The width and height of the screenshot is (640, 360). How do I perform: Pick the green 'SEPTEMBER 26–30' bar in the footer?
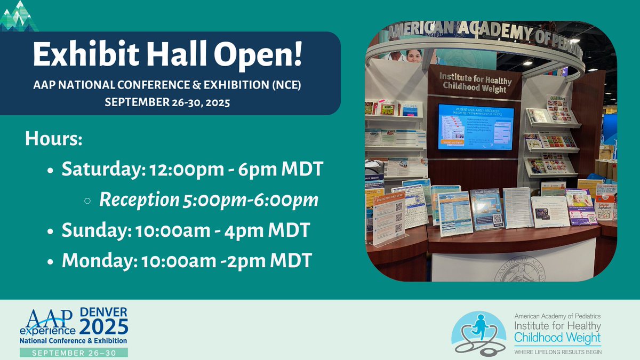click(x=74, y=353)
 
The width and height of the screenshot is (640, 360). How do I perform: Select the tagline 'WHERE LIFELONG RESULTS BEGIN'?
click(x=557, y=352)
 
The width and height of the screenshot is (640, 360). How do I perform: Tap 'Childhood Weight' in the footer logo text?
click(x=557, y=338)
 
